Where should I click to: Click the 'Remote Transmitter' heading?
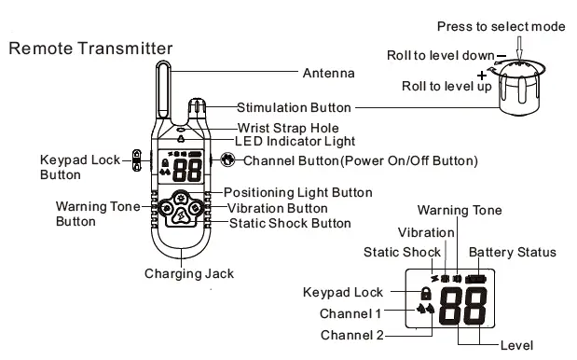click(90, 48)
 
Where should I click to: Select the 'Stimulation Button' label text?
click(295, 107)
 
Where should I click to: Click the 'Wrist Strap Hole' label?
click(287, 127)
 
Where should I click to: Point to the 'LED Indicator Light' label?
click(294, 142)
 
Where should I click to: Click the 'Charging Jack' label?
click(188, 273)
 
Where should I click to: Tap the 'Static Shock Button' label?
click(290, 223)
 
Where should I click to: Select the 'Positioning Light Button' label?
click(297, 192)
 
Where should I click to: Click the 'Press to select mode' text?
click(501, 26)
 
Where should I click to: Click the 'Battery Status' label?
click(512, 252)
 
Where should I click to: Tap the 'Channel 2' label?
click(350, 335)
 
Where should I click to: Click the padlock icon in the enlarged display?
click(426, 293)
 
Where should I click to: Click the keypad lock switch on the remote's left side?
click(137, 160)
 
